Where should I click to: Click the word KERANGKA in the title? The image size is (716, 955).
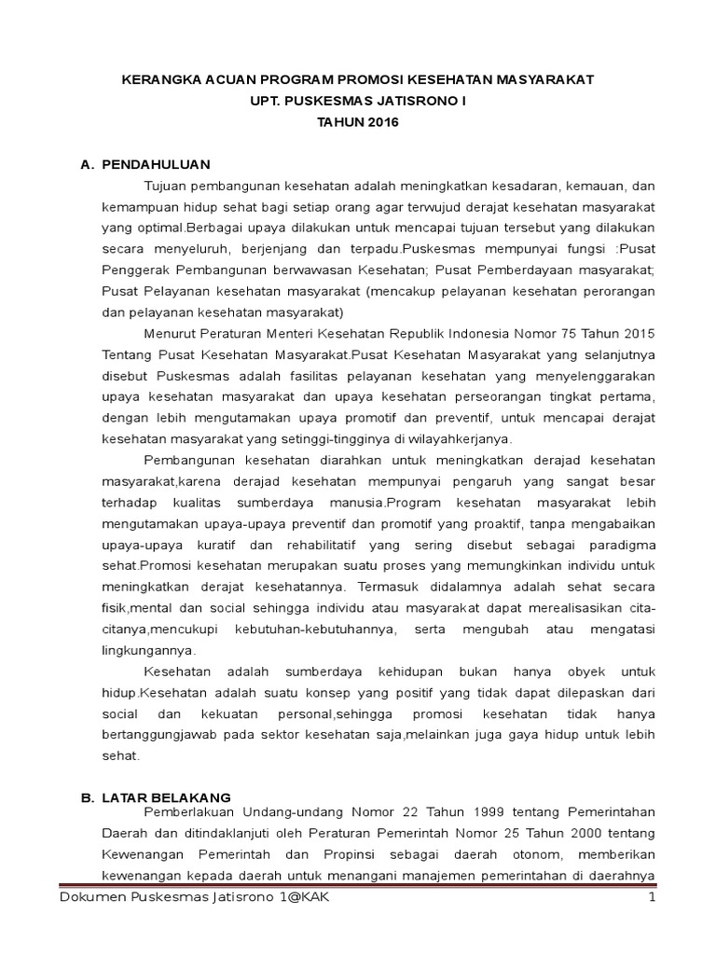161,81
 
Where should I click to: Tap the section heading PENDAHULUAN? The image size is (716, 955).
156,165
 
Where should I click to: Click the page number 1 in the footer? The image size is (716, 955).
653,897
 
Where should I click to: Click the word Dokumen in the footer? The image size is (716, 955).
89,897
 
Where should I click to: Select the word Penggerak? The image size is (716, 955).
133,270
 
